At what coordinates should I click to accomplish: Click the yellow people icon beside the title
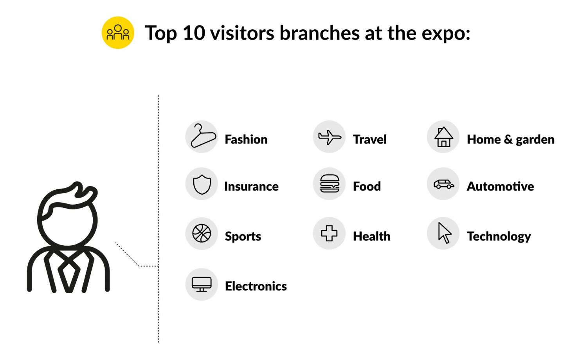[118, 33]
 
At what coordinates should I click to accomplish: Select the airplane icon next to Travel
[330, 137]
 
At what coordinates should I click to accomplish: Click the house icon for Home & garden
[443, 137]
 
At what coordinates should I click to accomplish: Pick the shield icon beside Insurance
[202, 184]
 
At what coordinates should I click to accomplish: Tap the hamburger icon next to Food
[330, 184]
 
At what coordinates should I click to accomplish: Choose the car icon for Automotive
[443, 184]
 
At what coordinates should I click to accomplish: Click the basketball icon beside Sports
[202, 233]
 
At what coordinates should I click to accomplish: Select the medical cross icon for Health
[329, 233]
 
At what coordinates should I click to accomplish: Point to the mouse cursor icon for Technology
[444, 233]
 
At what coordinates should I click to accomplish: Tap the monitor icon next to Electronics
[202, 284]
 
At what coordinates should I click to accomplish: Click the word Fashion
[246, 139]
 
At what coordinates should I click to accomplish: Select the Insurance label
[251, 187]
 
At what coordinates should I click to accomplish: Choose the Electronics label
[256, 286]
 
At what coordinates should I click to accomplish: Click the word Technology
[499, 237]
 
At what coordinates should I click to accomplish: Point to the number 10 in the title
[194, 33]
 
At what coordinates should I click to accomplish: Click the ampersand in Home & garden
[508, 139]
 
